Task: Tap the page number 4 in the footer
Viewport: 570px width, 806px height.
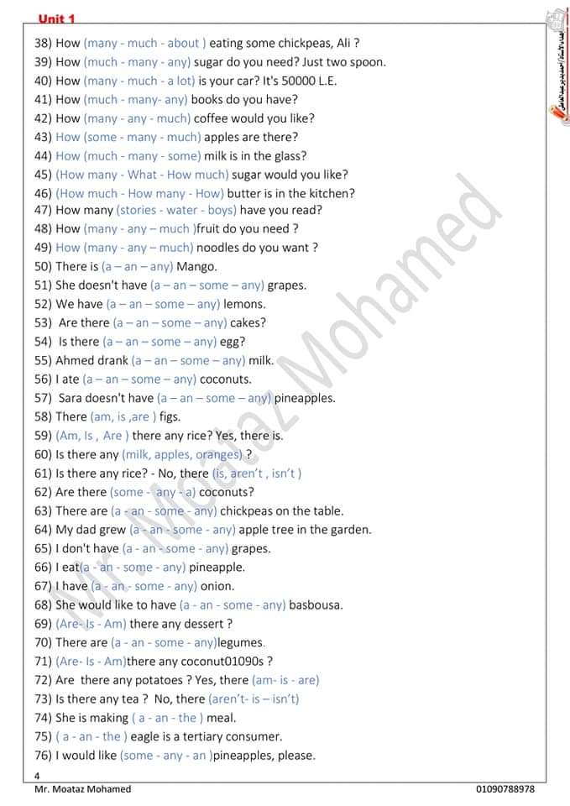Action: point(38,776)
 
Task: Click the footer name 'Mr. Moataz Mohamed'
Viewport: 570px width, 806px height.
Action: point(82,789)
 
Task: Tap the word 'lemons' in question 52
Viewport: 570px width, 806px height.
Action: point(244,304)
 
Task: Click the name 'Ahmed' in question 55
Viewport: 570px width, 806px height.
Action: point(75,360)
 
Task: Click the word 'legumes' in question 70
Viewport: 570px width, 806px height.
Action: point(240,642)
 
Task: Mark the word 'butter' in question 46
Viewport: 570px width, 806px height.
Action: point(245,193)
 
